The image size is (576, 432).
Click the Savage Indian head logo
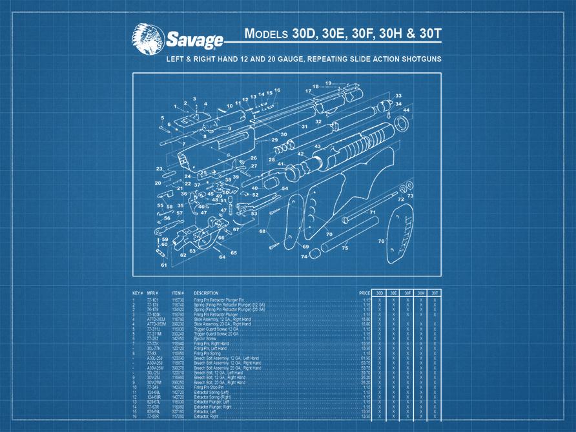pos(147,37)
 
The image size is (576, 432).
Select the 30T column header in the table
pos(435,293)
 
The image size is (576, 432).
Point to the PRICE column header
pos(365,293)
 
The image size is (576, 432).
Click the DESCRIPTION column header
pos(206,293)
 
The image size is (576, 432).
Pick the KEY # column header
pos(138,293)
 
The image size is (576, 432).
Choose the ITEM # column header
pos(178,293)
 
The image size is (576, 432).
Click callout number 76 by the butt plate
pos(381,242)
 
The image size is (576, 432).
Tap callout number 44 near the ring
pos(406,110)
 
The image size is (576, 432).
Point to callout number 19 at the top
pos(328,83)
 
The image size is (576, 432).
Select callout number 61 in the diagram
pos(164,265)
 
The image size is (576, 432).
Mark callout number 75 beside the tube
pos(345,248)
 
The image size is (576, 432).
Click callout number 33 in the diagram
pos(398,96)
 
